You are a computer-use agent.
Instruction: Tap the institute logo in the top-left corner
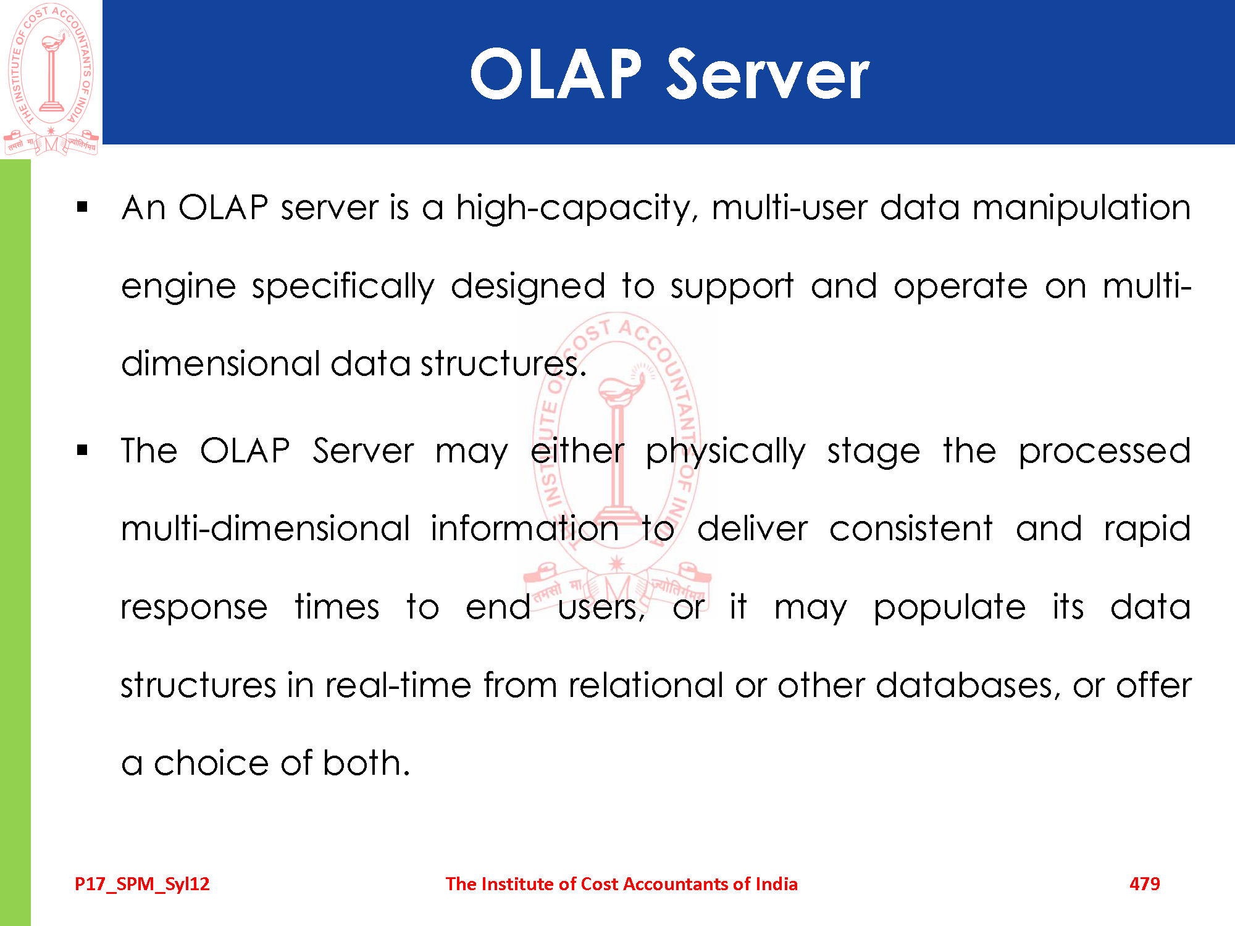point(51,79)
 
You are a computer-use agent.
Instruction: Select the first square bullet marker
point(82,207)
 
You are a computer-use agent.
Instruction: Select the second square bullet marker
point(82,450)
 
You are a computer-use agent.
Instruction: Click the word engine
point(178,286)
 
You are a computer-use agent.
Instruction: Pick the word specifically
point(343,286)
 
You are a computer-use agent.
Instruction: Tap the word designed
point(528,286)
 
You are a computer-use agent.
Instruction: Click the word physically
point(726,451)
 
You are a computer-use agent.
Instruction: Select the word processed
point(1105,451)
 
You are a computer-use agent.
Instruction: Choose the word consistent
point(911,529)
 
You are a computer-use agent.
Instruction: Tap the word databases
point(968,685)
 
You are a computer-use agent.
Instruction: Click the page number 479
point(1145,884)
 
